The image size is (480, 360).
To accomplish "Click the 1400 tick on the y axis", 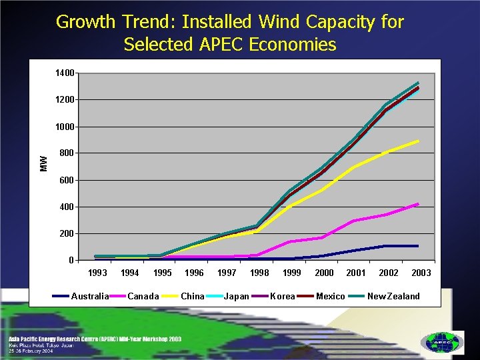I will [x=65, y=73].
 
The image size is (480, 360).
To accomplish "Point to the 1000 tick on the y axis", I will [x=65, y=127].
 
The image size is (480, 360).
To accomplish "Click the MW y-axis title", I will [x=44, y=163].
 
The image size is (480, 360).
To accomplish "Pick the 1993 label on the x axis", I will [x=97, y=273].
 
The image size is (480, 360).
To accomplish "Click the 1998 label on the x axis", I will [x=259, y=273].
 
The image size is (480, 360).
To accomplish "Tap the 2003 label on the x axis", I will [x=421, y=273].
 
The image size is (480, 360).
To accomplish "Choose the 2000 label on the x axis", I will [x=324, y=273].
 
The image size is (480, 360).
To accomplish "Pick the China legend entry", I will [x=193, y=296].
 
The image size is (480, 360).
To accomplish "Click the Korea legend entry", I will [x=283, y=296].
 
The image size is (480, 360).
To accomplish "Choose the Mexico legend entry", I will [x=330, y=296].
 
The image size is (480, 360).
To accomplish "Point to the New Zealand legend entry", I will [x=393, y=296].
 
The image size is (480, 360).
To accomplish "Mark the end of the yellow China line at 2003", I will [x=418, y=141].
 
